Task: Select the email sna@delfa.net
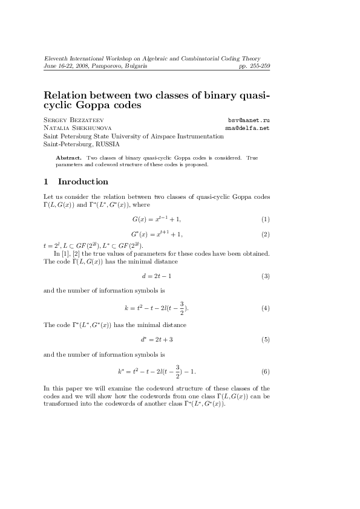tap(247, 128)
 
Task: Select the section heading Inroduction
tap(83, 181)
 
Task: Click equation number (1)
tap(265, 218)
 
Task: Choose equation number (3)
tap(265, 276)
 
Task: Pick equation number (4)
tap(265, 308)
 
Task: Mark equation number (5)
tap(265, 340)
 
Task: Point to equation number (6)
tap(265, 371)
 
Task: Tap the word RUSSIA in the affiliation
tap(106, 144)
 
